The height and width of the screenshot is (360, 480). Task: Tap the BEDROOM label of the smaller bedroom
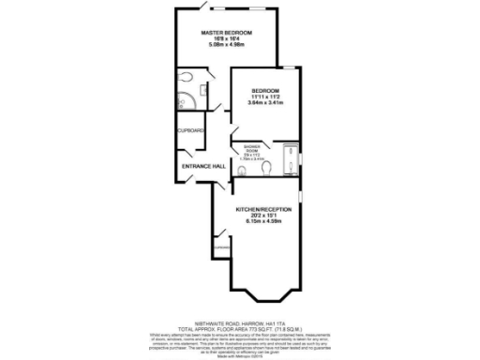[x=265, y=90]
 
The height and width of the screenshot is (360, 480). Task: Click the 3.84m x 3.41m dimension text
[x=265, y=103]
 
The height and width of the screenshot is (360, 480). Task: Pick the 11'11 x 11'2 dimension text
[x=265, y=97]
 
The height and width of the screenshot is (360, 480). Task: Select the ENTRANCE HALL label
[x=203, y=166]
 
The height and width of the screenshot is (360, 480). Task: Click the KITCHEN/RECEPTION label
[x=263, y=208]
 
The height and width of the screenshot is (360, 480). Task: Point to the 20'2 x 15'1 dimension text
[x=263, y=215]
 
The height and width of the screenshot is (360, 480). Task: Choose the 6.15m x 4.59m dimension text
[x=263, y=221]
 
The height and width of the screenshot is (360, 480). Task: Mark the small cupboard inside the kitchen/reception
[x=218, y=247]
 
